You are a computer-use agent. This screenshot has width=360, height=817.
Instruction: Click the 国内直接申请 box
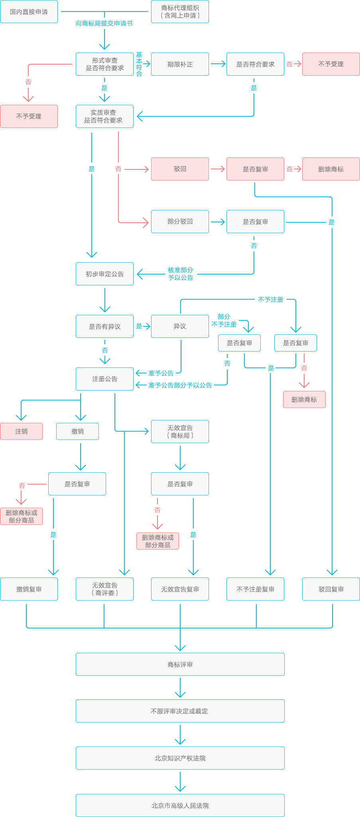point(29,12)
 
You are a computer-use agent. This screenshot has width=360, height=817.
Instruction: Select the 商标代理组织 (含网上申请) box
point(180,12)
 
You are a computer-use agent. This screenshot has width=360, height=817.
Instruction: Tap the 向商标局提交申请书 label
point(104,24)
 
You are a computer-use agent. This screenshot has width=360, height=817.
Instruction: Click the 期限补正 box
point(180,64)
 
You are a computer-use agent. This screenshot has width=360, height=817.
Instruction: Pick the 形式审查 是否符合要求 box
point(104,64)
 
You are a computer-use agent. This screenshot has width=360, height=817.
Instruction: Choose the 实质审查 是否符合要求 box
point(104,116)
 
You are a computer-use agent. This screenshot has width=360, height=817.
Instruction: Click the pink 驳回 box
point(180,169)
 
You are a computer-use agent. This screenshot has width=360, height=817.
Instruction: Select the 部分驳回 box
point(180,222)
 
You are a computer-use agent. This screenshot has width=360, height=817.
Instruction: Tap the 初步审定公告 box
point(104,274)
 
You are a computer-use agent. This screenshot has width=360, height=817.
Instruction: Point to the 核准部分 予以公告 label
point(181,274)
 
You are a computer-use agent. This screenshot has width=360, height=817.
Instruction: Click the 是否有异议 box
point(104,326)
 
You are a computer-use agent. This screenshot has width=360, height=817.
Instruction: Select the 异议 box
point(180,326)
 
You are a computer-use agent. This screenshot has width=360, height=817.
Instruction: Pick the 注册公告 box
point(104,379)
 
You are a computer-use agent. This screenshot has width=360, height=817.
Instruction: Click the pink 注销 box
point(21,431)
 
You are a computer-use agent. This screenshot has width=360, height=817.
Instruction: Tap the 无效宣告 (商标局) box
point(180,432)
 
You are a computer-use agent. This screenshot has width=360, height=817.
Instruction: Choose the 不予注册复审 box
point(255,589)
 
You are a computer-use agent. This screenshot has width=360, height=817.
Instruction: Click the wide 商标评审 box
point(180,664)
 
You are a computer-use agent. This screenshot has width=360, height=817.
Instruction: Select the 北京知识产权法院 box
point(180,758)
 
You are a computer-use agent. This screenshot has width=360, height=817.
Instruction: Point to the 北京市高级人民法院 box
point(180,805)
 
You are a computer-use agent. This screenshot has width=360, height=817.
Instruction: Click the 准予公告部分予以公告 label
point(180,385)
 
